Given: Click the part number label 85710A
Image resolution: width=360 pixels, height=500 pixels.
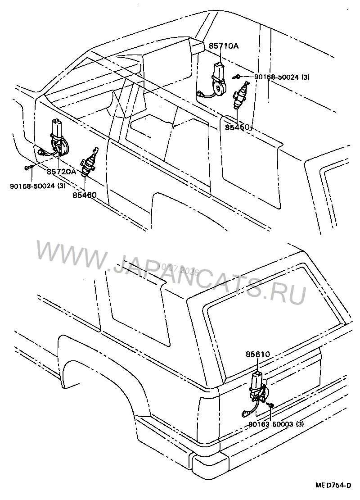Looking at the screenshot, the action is (x=223, y=46).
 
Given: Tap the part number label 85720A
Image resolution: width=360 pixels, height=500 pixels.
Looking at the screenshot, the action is (x=62, y=172).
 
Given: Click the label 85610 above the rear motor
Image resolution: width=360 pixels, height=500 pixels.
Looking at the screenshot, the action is (x=258, y=354).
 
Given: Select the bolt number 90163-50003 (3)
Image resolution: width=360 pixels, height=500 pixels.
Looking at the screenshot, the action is (x=276, y=424).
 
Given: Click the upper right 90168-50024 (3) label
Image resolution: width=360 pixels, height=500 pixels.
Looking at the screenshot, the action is (x=282, y=77).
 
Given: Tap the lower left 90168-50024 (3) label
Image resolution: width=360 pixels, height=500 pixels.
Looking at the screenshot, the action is (x=38, y=186).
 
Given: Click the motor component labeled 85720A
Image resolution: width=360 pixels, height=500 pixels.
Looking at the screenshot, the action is (x=57, y=138).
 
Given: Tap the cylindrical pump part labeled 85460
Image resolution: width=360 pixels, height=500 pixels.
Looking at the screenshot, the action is (x=89, y=162).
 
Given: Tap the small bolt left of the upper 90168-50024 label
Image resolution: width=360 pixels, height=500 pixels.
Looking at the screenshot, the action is (x=236, y=77).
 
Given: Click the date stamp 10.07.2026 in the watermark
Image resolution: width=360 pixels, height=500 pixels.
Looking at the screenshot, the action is (x=178, y=269).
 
